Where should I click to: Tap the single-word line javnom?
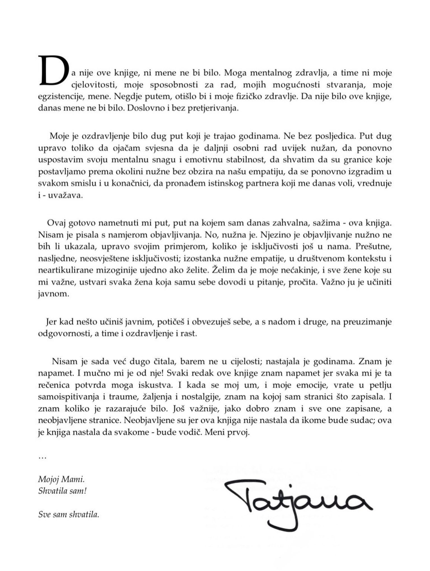[x=53, y=294]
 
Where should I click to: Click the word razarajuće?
[x=127, y=409]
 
